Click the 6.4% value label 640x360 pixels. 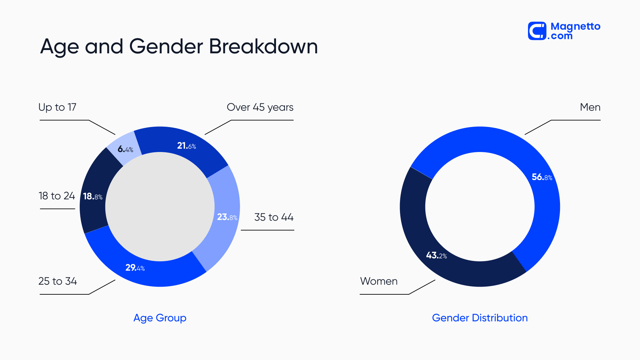[125, 149]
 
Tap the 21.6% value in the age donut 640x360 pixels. [186, 146]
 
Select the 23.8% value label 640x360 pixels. [227, 217]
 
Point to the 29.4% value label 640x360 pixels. [135, 268]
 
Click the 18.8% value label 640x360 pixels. [93, 196]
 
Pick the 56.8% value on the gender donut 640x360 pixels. [542, 177]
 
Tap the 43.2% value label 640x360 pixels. [436, 255]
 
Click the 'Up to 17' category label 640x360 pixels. [57, 107]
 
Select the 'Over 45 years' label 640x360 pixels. [260, 107]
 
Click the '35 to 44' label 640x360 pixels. [274, 217]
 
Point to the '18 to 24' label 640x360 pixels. [57, 196]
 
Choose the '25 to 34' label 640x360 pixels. [58, 281]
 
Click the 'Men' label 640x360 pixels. [590, 107]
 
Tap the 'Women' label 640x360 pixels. [379, 281]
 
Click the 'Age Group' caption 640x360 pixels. [160, 318]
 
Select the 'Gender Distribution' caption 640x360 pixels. [480, 318]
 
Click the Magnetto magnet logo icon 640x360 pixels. [537, 31]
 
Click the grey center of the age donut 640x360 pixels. [160, 207]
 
